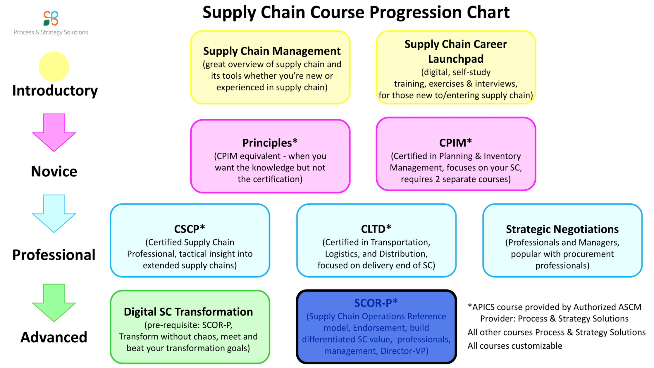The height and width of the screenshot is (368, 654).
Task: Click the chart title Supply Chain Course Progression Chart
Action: [x=356, y=12]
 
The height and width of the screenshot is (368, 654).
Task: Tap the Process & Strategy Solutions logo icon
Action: [x=51, y=18]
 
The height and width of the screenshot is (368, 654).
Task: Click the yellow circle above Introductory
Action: [x=54, y=67]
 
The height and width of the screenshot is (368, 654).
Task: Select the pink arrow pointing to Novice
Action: [x=54, y=133]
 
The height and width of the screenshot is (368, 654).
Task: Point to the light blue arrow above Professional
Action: [x=54, y=214]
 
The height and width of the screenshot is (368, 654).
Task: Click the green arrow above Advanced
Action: [x=54, y=303]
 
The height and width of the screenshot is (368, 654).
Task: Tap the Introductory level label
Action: [x=55, y=91]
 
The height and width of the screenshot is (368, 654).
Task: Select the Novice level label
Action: [x=54, y=171]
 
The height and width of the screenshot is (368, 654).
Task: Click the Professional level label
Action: [x=54, y=255]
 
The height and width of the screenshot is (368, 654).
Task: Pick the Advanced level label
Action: [x=54, y=337]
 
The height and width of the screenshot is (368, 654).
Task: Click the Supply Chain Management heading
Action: [x=272, y=51]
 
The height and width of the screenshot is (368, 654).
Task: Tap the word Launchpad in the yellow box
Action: [x=456, y=59]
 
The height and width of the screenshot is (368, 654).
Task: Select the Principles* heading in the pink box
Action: [x=270, y=143]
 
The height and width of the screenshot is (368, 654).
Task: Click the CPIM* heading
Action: [x=455, y=143]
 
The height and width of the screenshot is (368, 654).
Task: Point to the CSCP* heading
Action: [x=190, y=229]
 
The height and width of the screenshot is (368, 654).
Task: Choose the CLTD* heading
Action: [x=376, y=229]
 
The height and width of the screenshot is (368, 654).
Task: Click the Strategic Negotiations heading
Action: [x=562, y=229]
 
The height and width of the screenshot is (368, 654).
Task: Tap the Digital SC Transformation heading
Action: [x=188, y=312]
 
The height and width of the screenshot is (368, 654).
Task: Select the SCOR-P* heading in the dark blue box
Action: [x=376, y=303]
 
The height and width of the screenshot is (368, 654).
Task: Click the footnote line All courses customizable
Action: [x=515, y=346]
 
